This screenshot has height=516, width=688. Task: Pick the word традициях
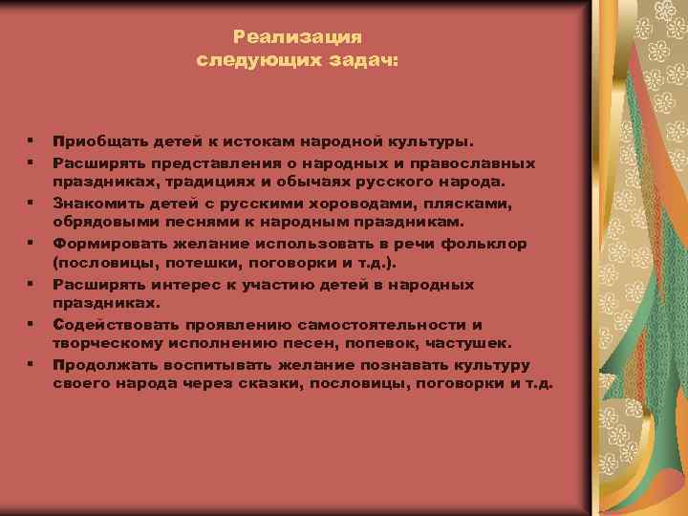click(209, 181)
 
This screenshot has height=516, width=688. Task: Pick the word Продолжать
click(100, 364)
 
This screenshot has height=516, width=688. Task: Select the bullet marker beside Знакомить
click(32, 202)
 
